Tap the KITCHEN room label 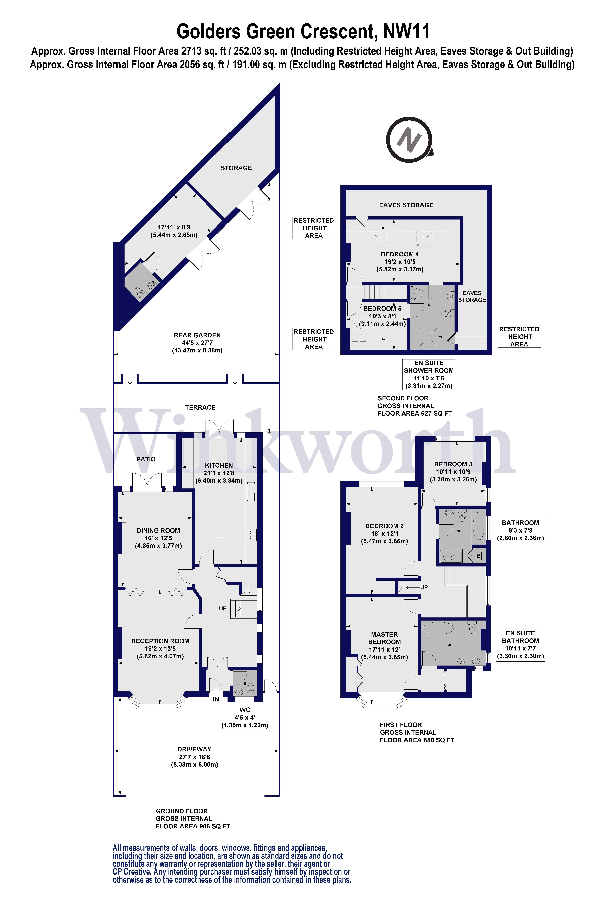219,465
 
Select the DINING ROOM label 158,530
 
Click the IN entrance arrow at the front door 216,692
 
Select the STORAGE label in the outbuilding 236,168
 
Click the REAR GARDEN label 197,335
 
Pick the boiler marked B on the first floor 478,556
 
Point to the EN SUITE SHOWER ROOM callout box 429,374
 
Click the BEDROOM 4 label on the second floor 400,254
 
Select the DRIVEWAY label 194,749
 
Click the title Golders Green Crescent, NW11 303,31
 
